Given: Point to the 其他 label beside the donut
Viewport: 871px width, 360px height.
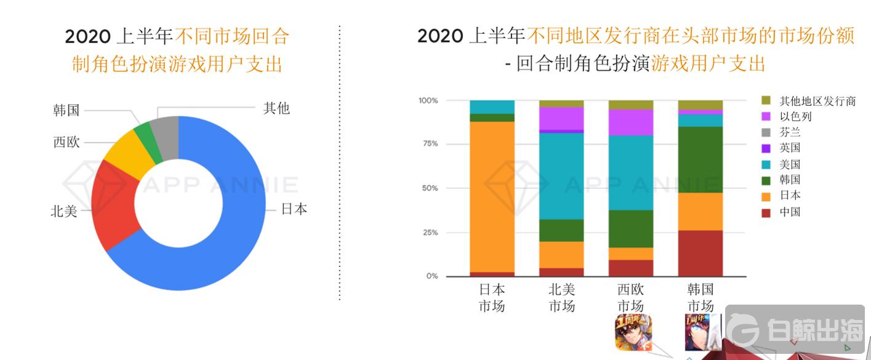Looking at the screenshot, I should [276, 109].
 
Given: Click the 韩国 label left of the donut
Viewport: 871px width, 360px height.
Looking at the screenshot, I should [66, 111].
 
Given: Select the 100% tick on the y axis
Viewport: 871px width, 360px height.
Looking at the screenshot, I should [428, 100].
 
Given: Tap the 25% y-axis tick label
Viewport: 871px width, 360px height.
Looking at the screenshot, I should [429, 233].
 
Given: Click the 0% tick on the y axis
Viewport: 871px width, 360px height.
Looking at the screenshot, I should [431, 276].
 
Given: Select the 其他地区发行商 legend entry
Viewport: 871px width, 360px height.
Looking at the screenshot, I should [816, 100].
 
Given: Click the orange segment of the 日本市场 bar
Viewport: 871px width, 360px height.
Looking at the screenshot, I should [492, 197].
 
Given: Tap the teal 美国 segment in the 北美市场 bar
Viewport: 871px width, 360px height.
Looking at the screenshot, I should [561, 175].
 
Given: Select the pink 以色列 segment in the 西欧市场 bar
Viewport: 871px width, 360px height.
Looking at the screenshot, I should [631, 122].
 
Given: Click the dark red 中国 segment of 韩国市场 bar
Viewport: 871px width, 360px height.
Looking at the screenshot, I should [700, 254].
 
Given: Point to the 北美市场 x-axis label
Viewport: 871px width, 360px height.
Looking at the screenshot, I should [561, 297].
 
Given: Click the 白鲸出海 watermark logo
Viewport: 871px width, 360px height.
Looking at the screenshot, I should [797, 332].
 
